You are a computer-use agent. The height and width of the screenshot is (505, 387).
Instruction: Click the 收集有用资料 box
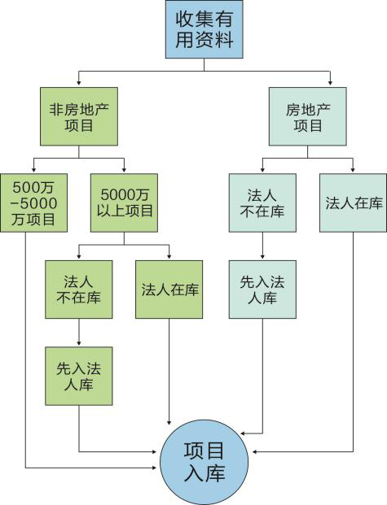(x=204, y=29)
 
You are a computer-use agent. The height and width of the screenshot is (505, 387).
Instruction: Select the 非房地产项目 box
(x=79, y=116)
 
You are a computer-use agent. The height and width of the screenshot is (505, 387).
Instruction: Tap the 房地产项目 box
(x=308, y=116)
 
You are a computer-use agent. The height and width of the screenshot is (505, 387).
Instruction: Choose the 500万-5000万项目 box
(x=34, y=203)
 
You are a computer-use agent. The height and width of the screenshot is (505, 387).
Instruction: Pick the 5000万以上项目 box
(x=125, y=203)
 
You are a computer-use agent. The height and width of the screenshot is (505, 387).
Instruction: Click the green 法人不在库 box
(x=79, y=290)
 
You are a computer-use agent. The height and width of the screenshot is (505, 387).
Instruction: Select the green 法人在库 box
(x=169, y=290)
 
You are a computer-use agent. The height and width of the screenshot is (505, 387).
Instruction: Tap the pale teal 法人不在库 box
(x=262, y=203)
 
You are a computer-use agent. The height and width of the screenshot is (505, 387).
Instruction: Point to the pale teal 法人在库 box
(x=353, y=203)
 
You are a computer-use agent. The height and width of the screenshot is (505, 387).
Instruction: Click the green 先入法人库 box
(x=79, y=376)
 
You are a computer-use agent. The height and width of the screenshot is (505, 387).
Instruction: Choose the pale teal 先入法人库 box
(x=262, y=290)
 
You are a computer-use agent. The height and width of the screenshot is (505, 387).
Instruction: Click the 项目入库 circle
(x=204, y=463)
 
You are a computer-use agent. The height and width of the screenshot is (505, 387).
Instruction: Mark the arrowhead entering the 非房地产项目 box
(x=79, y=84)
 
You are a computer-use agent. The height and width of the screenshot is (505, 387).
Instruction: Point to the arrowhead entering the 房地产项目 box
(x=330, y=84)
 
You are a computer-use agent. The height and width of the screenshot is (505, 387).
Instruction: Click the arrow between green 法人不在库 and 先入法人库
(x=79, y=333)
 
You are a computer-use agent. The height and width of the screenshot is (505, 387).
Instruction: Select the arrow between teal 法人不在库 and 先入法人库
(x=262, y=246)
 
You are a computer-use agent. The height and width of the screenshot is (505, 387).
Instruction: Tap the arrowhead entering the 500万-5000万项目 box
(x=34, y=170)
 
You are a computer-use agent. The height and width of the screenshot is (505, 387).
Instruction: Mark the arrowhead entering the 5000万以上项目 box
(x=125, y=170)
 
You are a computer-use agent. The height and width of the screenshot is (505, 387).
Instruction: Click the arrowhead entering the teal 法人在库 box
(x=353, y=170)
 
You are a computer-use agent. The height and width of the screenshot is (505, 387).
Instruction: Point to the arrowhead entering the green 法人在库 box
(x=169, y=257)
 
